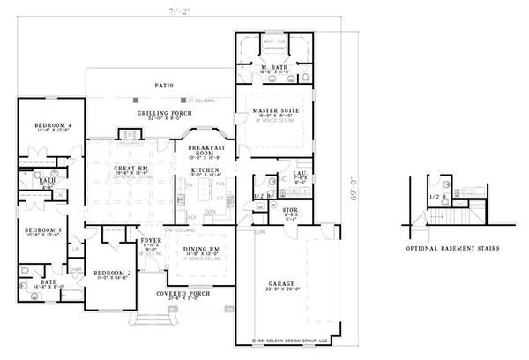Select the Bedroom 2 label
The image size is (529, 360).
pyautogui.click(x=113, y=273)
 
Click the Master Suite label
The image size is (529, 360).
pyautogui.click(x=272, y=109)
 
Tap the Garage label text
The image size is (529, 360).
pyautogui.click(x=282, y=284)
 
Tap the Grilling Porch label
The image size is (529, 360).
pyautogui.click(x=160, y=114)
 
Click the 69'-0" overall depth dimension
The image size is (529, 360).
pyautogui.click(x=355, y=186)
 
